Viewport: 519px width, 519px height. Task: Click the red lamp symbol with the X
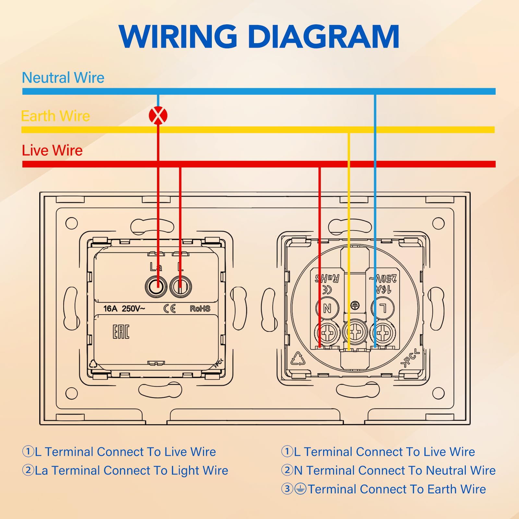pyautogui.click(x=158, y=115)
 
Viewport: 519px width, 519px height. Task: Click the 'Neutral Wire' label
pyautogui.click(x=63, y=78)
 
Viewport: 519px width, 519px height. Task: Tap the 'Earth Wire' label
pyautogui.click(x=55, y=116)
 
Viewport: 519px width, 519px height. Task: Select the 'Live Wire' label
pyautogui.click(x=52, y=151)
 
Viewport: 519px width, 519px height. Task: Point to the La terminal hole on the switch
pyautogui.click(x=156, y=286)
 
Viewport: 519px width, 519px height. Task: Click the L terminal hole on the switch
pyautogui.click(x=181, y=286)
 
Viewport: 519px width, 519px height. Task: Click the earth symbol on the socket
pyautogui.click(x=355, y=305)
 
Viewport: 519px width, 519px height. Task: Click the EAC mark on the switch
pyautogui.click(x=121, y=332)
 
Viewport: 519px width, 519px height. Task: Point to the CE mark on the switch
pyautogui.click(x=169, y=308)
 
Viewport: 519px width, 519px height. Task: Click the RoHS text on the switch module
pyautogui.click(x=200, y=308)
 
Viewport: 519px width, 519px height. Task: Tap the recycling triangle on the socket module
pyautogui.click(x=297, y=358)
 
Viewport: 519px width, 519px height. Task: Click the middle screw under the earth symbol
pyautogui.click(x=355, y=332)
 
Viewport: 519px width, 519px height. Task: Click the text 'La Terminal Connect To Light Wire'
pyautogui.click(x=125, y=471)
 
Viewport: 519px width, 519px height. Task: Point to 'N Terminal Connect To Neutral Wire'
pyautogui.click(x=389, y=470)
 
